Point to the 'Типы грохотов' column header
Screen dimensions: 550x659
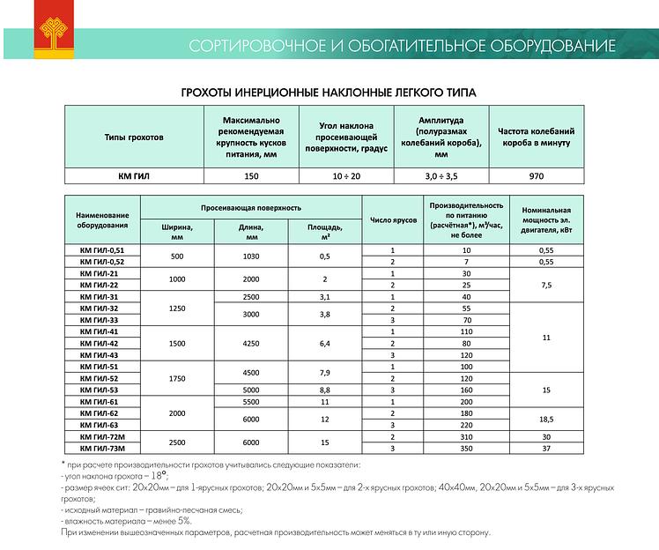134,137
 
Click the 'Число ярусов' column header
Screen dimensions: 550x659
392,219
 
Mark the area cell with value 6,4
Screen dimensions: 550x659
324,342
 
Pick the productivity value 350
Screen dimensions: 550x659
466,449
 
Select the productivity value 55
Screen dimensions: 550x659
466,308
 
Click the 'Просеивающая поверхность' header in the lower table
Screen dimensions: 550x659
250,207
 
